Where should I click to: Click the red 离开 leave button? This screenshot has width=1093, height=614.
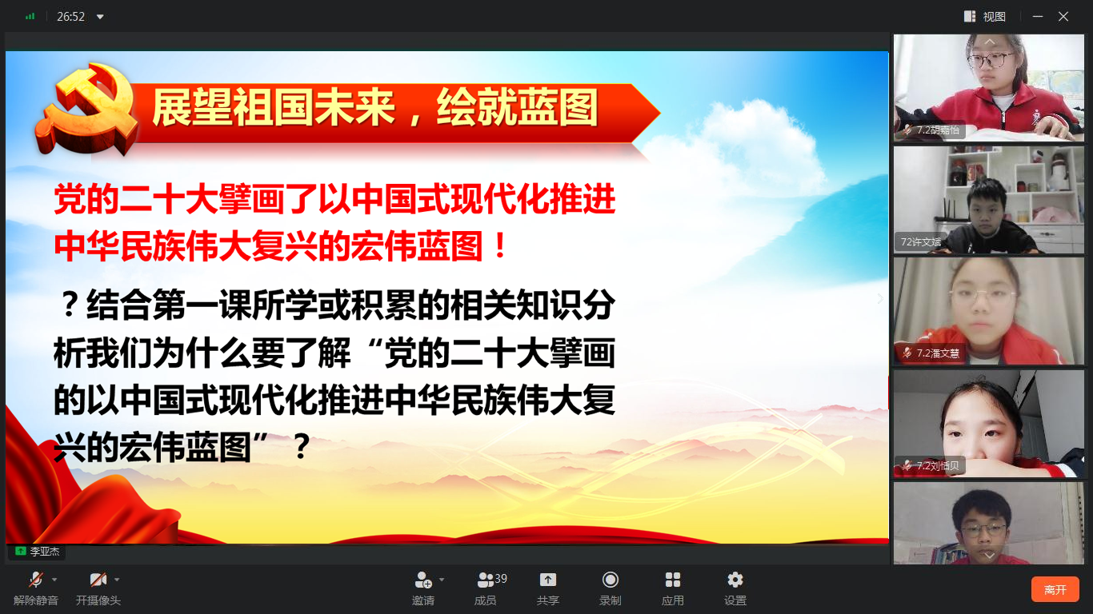1055,589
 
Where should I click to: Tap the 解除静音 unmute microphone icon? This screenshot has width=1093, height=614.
36,580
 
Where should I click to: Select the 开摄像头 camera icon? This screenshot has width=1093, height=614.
98,580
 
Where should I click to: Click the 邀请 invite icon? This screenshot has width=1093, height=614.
423,580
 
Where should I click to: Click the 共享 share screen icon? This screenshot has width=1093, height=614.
547,580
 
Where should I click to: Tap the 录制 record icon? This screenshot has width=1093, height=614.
610,580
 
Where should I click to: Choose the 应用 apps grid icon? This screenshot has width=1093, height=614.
672,580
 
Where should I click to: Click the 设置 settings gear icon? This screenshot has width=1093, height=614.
735,580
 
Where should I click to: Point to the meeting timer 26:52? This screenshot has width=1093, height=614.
70,17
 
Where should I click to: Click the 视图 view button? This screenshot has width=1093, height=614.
985,17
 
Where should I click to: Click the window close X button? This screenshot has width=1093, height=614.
1063,17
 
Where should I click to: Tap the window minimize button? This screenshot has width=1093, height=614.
1038,17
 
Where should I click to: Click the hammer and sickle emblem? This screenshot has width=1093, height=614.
86,108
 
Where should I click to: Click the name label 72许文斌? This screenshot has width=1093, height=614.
920,242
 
